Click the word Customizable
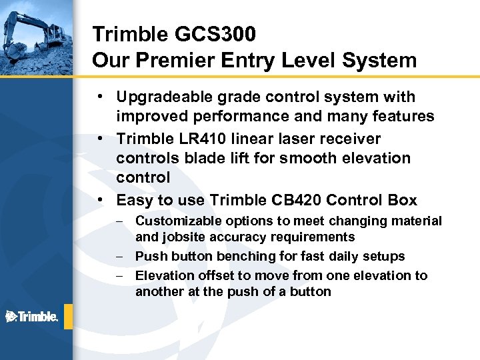[179, 221]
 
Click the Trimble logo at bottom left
[31, 316]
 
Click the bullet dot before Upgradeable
[99, 97]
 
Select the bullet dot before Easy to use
[99, 200]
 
